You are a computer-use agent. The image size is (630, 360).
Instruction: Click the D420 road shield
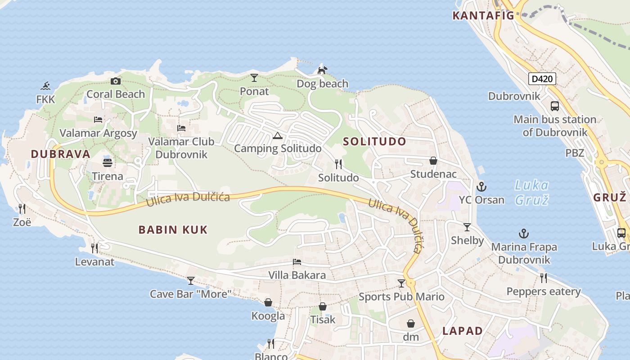click(x=542, y=79)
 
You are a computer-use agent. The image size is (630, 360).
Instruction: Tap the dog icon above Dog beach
click(x=322, y=70)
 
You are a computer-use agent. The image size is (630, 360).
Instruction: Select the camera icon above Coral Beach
click(x=116, y=81)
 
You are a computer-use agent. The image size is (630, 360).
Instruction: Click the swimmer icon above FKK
click(x=45, y=85)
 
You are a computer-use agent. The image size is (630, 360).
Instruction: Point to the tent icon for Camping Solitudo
click(x=278, y=135)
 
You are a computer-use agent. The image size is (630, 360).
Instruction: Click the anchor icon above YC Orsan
click(x=481, y=186)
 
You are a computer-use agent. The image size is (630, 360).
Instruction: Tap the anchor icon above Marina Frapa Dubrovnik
click(x=524, y=233)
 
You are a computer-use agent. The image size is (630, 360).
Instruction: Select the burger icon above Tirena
click(x=108, y=162)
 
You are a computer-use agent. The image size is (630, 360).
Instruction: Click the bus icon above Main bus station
click(x=555, y=106)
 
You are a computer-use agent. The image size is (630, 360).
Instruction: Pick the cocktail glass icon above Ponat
click(x=254, y=78)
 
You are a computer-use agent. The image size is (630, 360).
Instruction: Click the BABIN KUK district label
click(x=173, y=230)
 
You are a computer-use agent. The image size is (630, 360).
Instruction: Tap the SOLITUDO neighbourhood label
click(x=374, y=141)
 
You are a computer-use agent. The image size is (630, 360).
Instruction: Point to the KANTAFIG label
click(x=483, y=16)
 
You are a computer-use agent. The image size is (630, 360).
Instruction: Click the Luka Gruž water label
click(x=532, y=192)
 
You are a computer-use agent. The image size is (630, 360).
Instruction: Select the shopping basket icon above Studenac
click(x=433, y=161)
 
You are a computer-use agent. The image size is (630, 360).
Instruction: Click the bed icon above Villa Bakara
click(x=297, y=261)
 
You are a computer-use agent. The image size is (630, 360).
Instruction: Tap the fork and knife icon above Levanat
click(x=94, y=248)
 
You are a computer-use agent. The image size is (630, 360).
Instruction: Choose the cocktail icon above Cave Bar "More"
click(x=191, y=281)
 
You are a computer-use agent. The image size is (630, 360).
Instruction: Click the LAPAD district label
click(x=463, y=331)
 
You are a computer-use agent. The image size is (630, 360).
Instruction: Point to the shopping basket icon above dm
click(x=411, y=324)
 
